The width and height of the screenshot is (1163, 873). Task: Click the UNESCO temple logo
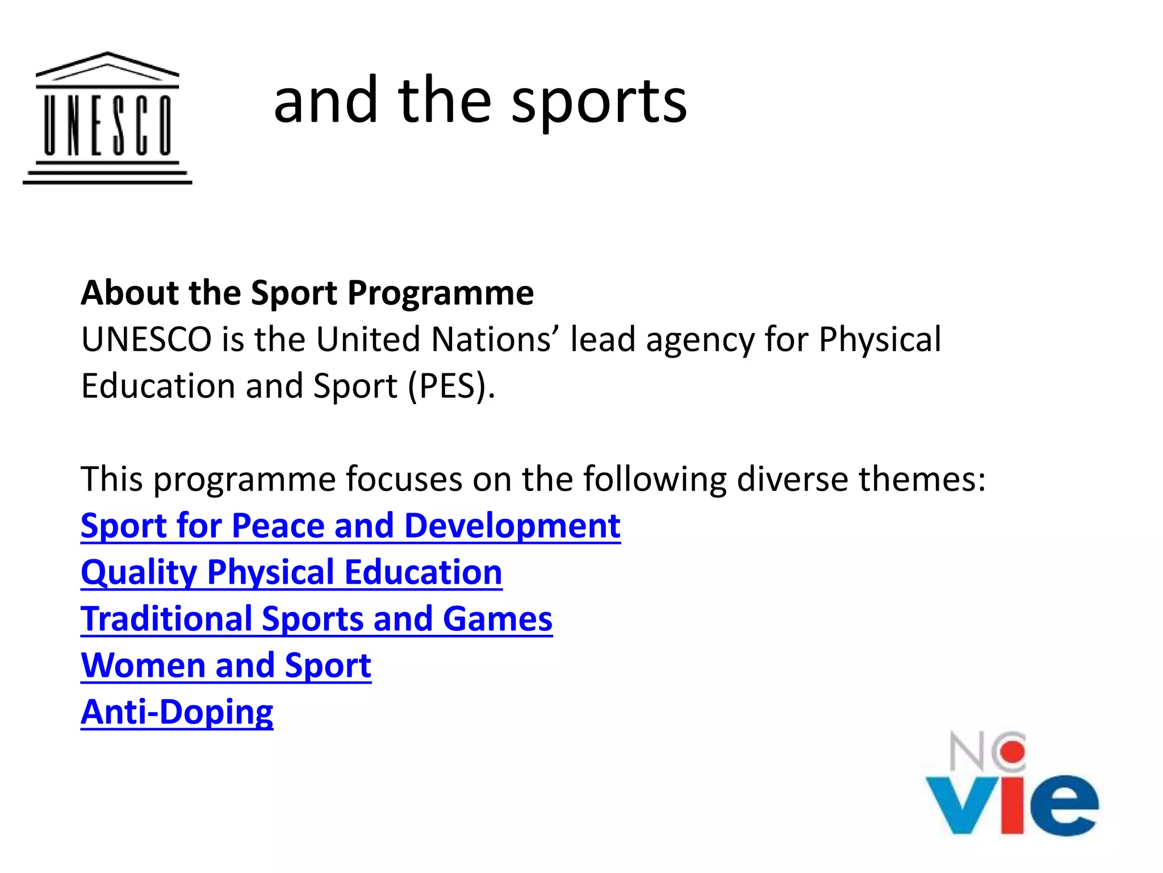point(107,118)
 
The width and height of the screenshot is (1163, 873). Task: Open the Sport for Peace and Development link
point(350,525)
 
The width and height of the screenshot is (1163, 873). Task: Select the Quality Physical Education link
point(291,572)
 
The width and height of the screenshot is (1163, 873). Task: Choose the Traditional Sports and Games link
point(316,618)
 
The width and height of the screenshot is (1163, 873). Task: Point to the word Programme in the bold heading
point(440,293)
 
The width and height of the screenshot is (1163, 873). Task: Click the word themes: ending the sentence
point(922,479)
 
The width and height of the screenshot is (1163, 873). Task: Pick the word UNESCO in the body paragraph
point(146,340)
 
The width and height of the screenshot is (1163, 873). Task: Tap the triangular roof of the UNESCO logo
point(107,66)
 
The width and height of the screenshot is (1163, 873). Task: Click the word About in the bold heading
point(130,293)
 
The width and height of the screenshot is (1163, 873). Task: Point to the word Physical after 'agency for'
point(880,340)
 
